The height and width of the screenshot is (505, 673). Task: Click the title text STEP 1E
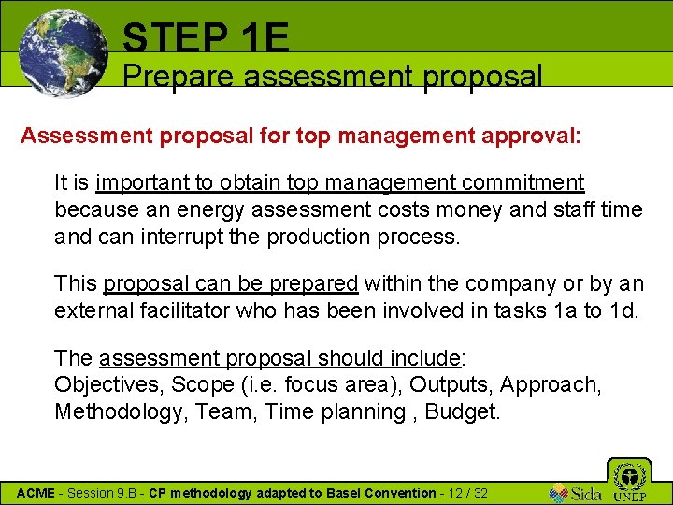click(206, 37)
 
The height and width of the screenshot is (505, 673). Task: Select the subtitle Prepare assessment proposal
click(333, 76)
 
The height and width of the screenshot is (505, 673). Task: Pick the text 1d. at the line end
click(623, 310)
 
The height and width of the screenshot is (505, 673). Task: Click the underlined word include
click(427, 358)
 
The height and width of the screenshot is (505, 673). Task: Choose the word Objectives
click(103, 384)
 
